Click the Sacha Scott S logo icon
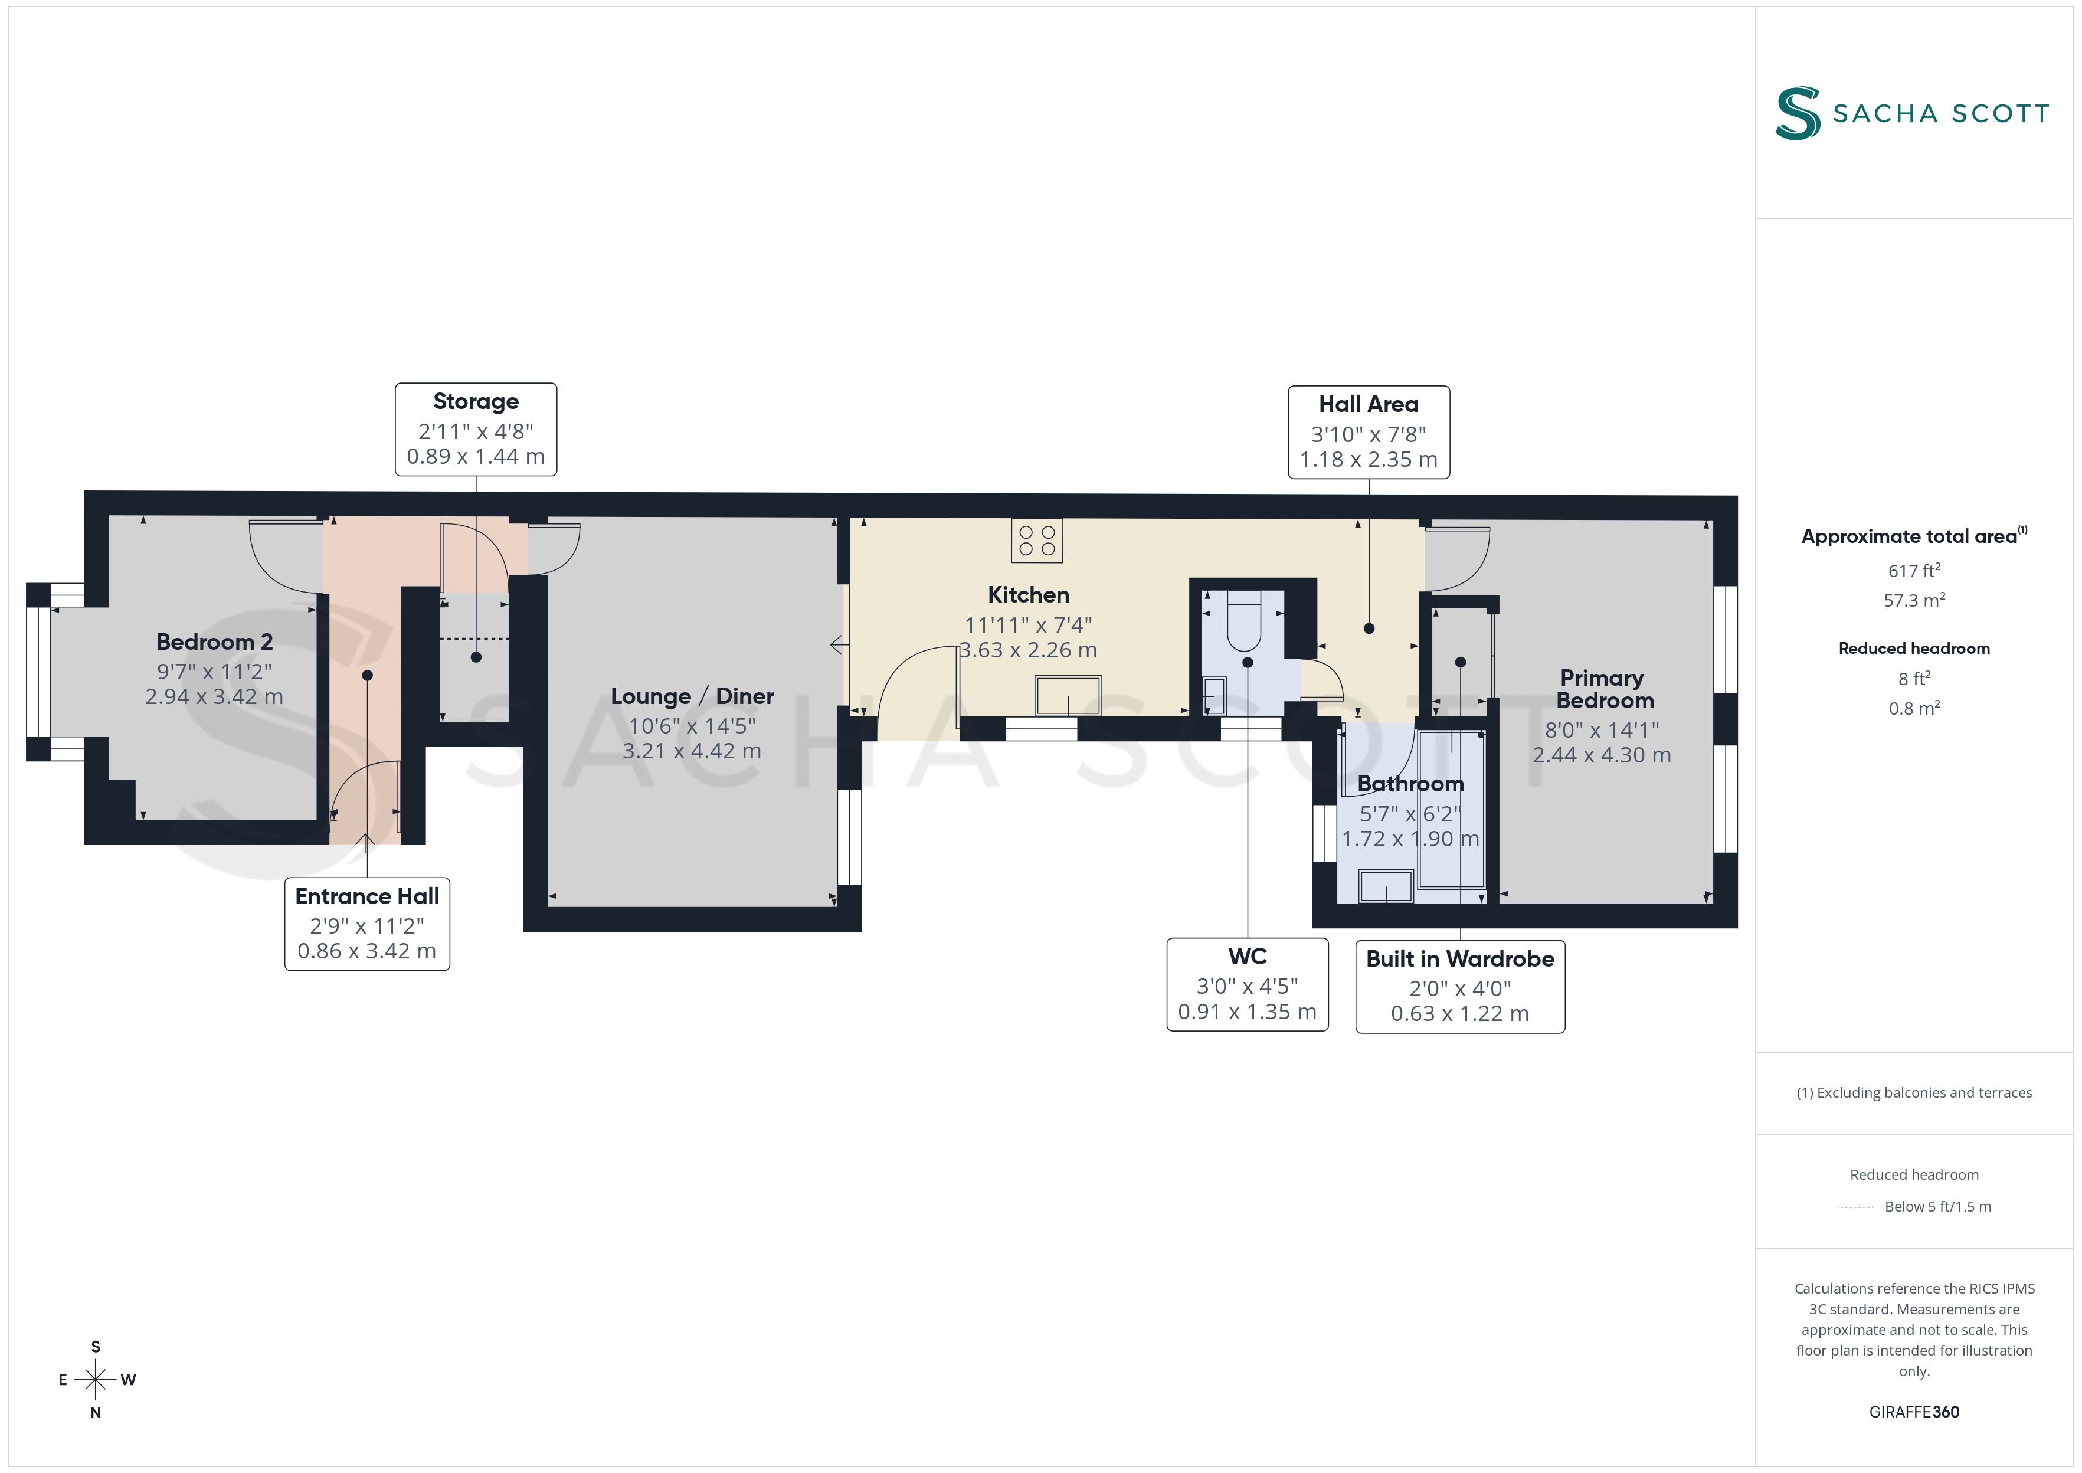[1798, 113]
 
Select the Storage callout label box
[476, 429]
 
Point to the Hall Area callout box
[1369, 432]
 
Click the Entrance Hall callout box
[367, 924]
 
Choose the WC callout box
[1247, 984]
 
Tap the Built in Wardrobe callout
[1460, 986]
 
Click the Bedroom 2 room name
[215, 642]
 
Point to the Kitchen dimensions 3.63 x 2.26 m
[1028, 650]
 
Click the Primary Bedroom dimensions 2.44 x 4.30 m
[1602, 755]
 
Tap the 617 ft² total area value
[1914, 571]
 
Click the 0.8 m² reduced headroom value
[1914, 708]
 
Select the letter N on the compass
[95, 1412]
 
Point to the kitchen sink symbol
[1068, 696]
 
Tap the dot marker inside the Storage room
[476, 657]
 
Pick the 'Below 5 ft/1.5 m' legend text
[1938, 1206]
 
